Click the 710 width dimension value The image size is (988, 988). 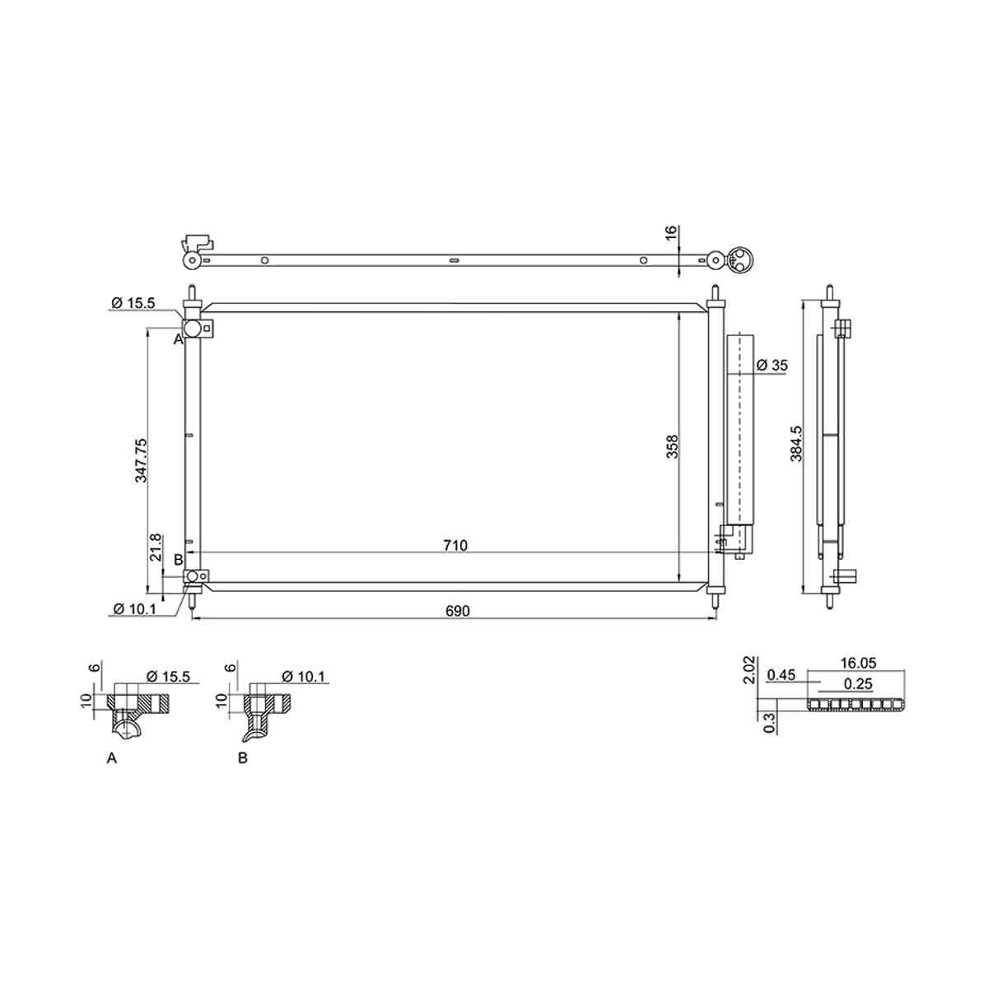tap(455, 546)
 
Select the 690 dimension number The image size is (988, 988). tap(457, 611)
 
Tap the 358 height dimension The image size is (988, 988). tap(672, 446)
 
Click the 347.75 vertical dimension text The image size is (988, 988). tap(141, 460)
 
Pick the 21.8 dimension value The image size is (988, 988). tap(156, 547)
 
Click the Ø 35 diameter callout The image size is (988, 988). tap(771, 365)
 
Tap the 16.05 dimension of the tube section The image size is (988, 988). tap(858, 663)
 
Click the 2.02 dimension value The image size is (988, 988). tap(749, 669)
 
